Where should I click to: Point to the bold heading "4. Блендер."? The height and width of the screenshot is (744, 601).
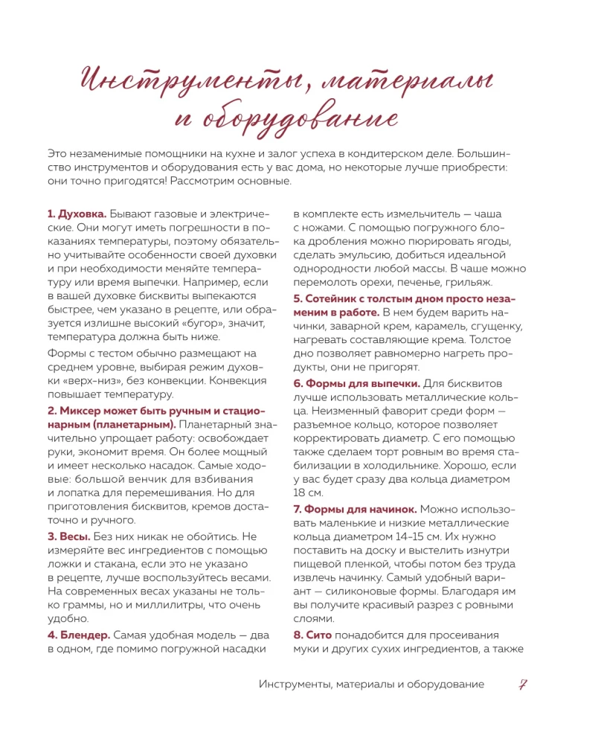pyautogui.click(x=79, y=635)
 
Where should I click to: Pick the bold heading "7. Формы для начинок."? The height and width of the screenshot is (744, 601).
pyautogui.click(x=355, y=509)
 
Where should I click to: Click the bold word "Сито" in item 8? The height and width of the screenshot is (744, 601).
pyautogui.click(x=319, y=635)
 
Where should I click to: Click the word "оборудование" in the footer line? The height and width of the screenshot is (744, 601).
pyautogui.click(x=443, y=684)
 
